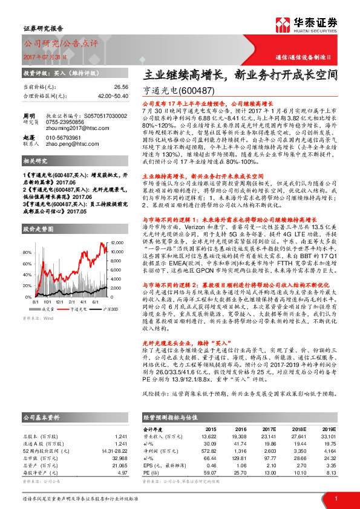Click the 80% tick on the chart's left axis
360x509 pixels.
27,251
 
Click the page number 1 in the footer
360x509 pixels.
336,499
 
